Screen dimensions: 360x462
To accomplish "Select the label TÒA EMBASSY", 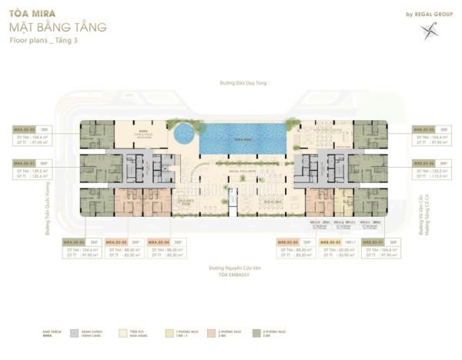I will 230,273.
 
